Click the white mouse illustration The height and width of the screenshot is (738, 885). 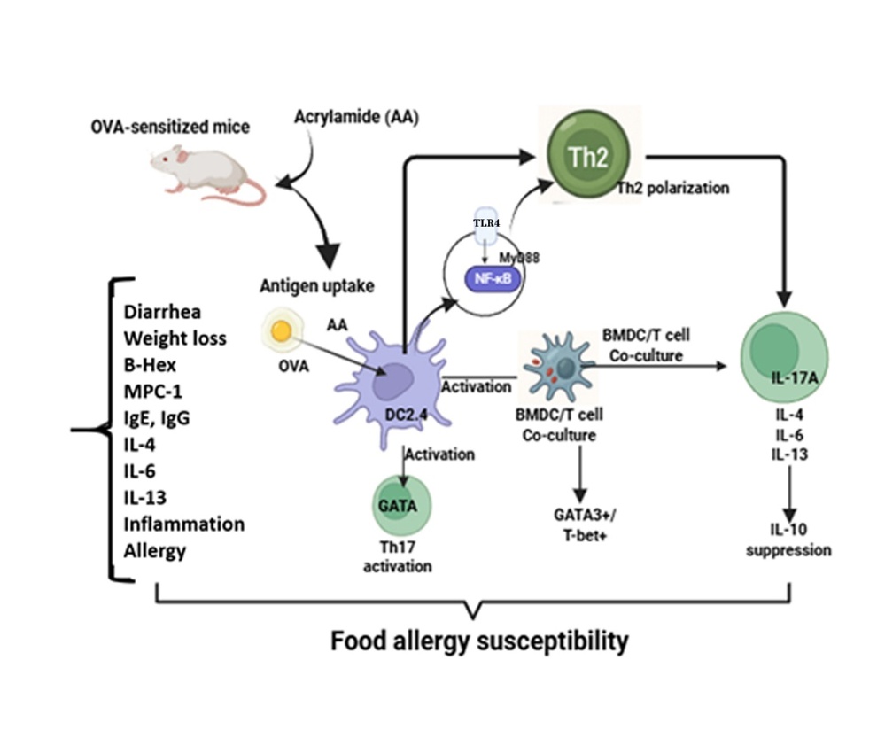[206, 172]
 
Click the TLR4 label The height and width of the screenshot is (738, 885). [485, 223]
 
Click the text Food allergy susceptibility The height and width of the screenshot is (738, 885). [479, 641]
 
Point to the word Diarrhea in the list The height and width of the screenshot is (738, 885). [162, 312]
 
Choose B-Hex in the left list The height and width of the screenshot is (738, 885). [152, 364]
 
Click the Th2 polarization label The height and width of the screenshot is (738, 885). [673, 188]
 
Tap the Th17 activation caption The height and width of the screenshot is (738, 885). [398, 556]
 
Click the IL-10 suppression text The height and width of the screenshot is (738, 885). [788, 540]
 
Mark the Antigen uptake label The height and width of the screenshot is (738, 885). [317, 285]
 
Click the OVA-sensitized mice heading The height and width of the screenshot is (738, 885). [170, 127]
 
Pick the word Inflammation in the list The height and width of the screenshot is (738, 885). [183, 524]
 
